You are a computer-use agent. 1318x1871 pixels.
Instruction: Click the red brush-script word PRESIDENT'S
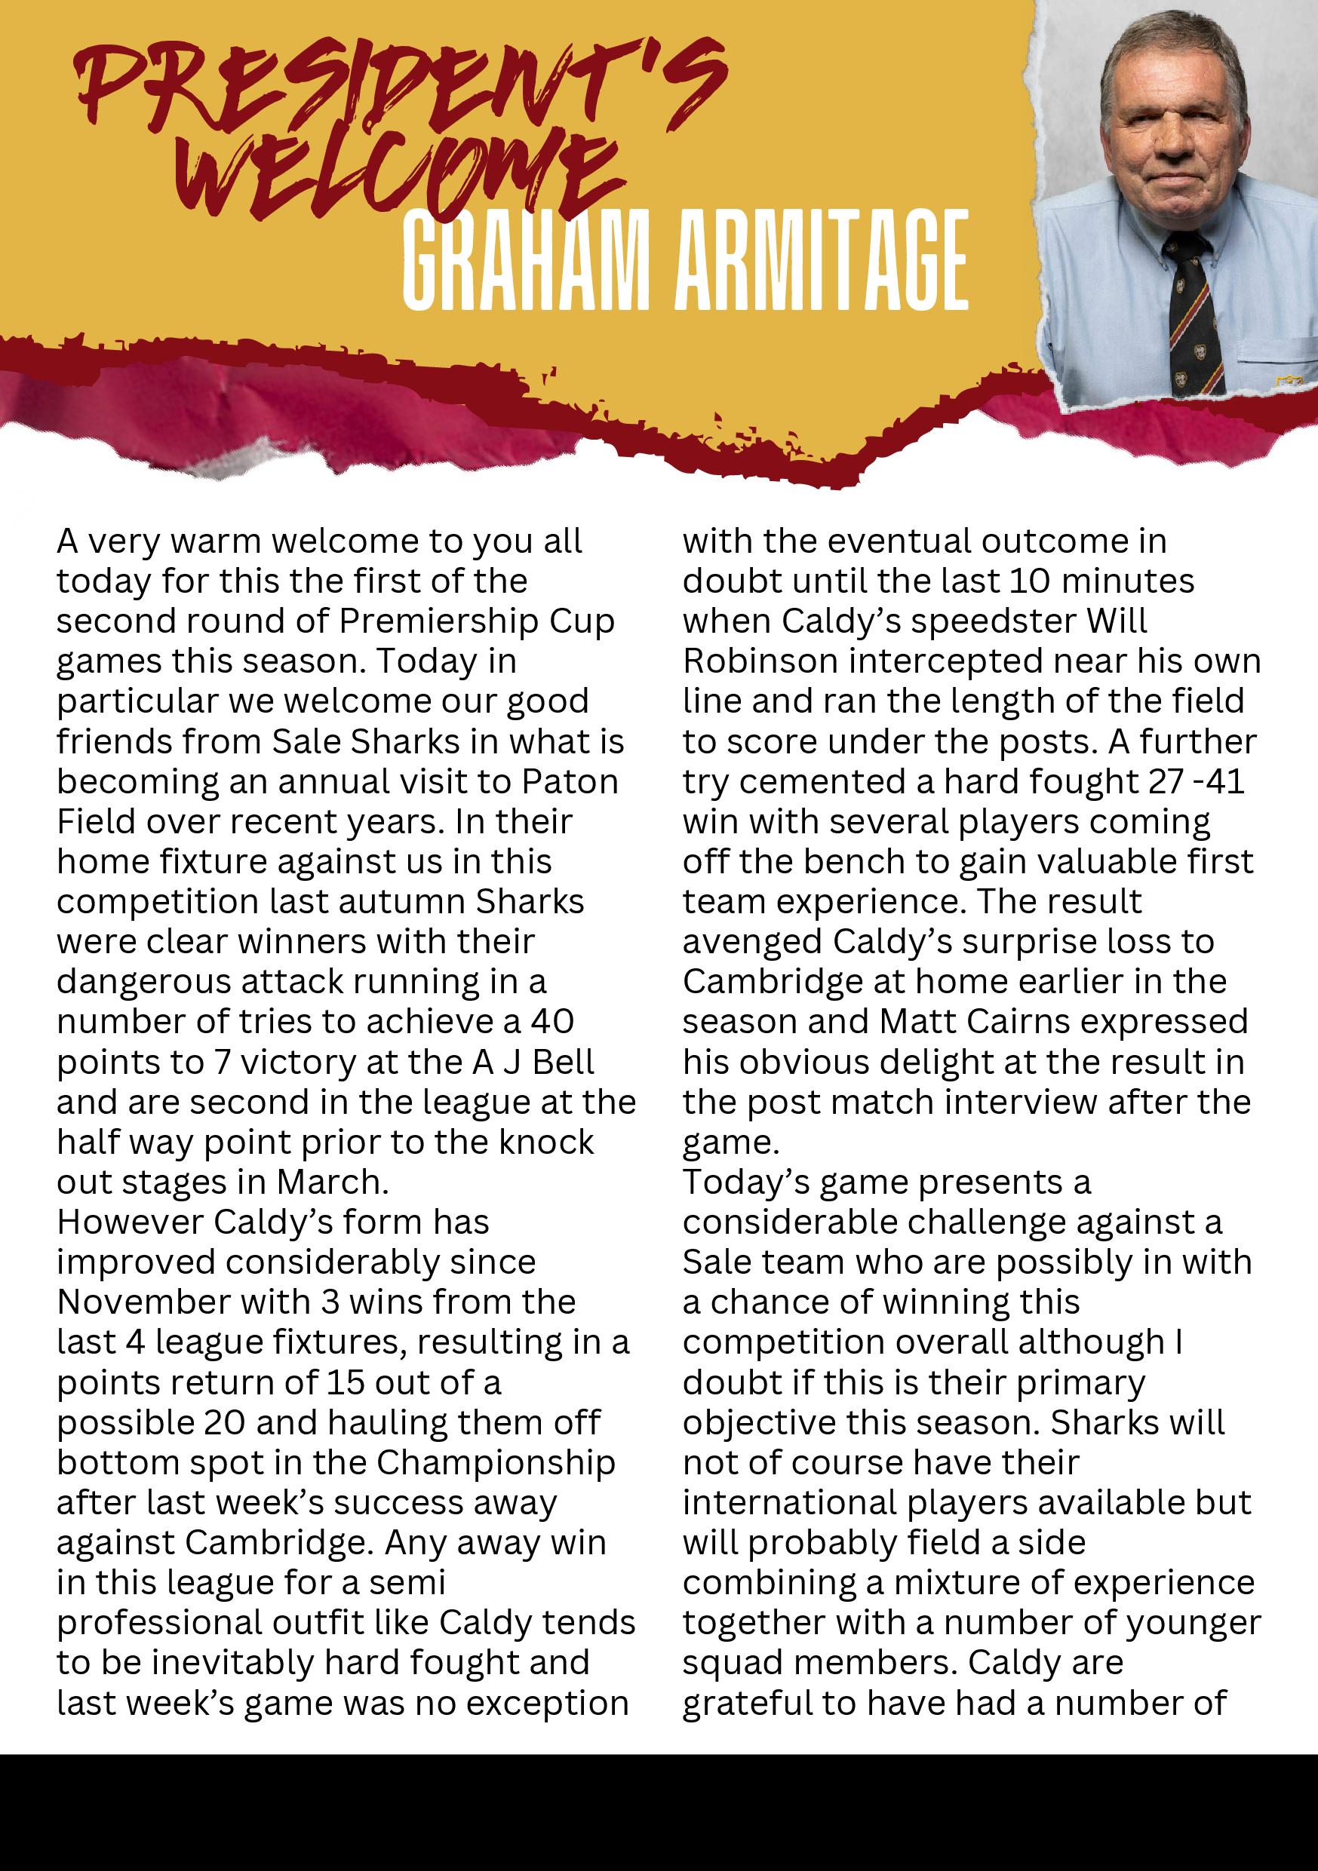pyautogui.click(x=399, y=85)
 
